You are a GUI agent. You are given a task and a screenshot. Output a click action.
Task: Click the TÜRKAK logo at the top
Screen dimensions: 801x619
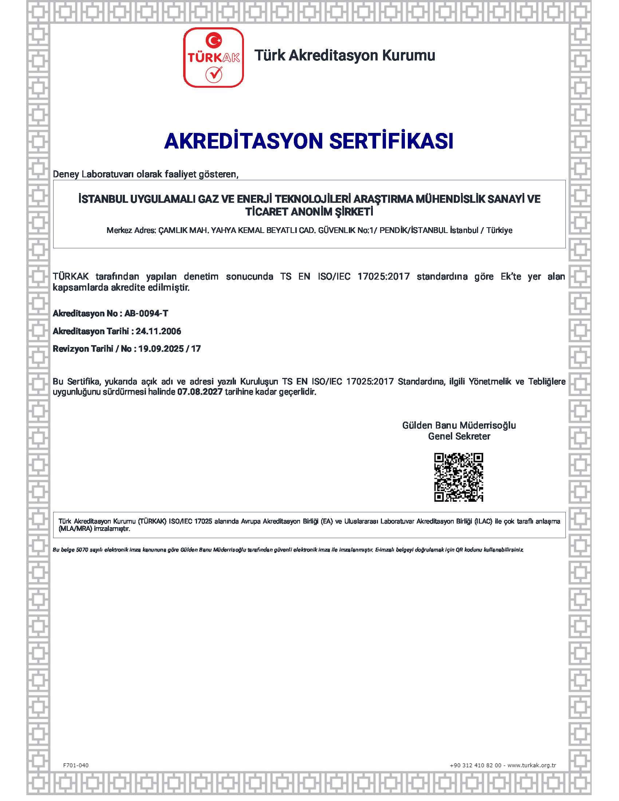pos(213,58)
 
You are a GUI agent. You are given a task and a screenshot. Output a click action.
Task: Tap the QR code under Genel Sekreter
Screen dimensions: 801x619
pos(458,477)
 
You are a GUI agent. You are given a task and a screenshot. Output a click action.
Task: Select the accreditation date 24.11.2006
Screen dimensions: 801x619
pos(158,331)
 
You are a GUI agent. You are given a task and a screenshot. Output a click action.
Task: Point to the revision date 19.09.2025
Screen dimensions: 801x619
pos(161,348)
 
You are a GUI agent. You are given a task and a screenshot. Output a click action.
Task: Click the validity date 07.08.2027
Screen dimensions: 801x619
pos(200,392)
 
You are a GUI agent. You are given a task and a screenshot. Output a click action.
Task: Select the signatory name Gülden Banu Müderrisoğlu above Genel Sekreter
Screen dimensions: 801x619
pos(459,425)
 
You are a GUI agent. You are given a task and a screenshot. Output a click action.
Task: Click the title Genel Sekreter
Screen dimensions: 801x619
pos(459,437)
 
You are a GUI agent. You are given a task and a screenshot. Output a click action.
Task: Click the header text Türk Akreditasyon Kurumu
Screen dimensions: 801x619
pos(345,55)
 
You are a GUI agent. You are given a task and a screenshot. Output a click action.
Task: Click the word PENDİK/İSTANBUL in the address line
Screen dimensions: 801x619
pos(414,231)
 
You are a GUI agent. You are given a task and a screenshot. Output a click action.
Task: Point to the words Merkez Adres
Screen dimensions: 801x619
pos(131,231)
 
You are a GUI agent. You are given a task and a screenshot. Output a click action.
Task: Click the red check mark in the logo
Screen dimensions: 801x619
pos(213,74)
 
